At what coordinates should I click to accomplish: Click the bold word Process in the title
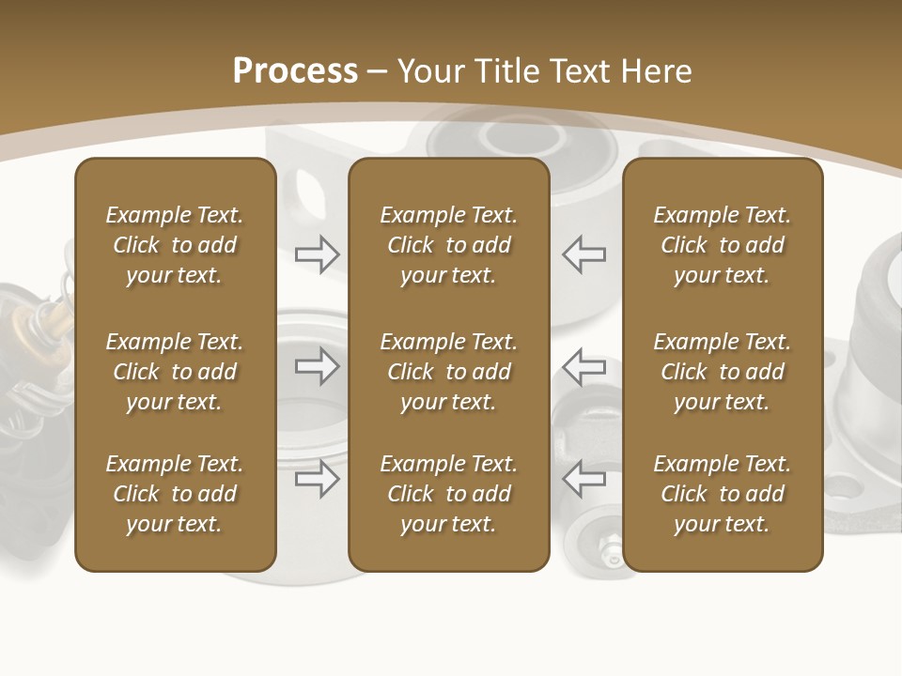(x=295, y=71)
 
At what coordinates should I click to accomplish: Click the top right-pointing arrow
(x=318, y=253)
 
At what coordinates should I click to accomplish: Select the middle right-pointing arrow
(x=318, y=366)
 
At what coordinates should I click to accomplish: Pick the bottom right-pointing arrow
(x=318, y=479)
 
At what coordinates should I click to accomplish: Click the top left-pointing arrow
(x=583, y=253)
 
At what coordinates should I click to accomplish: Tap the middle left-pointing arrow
(x=583, y=366)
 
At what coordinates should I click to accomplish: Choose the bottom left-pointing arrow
(x=583, y=479)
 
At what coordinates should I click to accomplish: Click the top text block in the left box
(x=175, y=245)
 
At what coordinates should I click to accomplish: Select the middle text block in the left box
(x=175, y=372)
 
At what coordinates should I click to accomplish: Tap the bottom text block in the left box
(x=175, y=494)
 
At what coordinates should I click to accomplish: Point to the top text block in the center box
(x=448, y=245)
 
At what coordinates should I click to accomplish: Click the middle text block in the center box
(x=448, y=372)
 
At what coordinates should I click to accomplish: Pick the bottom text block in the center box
(x=448, y=494)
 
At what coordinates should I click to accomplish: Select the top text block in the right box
(x=722, y=245)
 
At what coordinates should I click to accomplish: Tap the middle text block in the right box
(x=722, y=372)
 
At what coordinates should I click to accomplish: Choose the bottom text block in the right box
(x=722, y=494)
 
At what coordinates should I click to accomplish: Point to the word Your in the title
(x=431, y=71)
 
